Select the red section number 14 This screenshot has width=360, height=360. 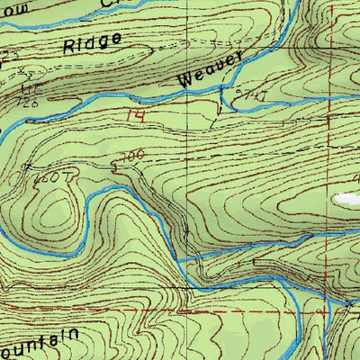click(135, 114)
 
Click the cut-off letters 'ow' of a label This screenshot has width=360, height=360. click(8, 7)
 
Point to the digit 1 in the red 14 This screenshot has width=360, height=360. click(129, 114)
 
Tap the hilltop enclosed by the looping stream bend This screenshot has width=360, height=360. click(56, 211)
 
